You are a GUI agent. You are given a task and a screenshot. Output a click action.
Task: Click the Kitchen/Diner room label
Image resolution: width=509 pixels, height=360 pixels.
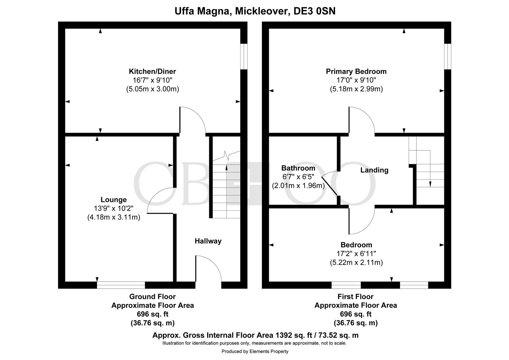152,71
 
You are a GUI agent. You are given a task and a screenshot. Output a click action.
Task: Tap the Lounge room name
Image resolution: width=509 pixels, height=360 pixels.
114,200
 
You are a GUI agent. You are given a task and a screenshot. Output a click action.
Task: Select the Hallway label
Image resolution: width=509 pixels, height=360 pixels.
208,241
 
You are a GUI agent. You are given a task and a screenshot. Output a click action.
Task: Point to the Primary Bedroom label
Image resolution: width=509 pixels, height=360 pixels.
356,71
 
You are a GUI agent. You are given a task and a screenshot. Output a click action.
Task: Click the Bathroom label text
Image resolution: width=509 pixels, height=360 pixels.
298,168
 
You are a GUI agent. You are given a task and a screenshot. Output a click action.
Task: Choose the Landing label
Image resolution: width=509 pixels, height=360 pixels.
374,170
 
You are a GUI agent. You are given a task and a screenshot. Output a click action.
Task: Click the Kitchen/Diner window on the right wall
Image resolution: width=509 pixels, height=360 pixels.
244,56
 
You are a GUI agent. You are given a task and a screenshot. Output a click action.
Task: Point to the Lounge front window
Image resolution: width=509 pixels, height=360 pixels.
121,285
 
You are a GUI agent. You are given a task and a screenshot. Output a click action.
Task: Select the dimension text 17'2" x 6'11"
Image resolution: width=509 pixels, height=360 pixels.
356,254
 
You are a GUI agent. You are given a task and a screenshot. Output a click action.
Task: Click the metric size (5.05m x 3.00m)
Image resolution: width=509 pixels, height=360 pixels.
152,89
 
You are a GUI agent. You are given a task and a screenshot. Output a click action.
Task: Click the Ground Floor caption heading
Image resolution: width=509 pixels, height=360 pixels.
152,296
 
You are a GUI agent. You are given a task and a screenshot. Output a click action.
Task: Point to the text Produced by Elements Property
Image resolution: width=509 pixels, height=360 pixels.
255,351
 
